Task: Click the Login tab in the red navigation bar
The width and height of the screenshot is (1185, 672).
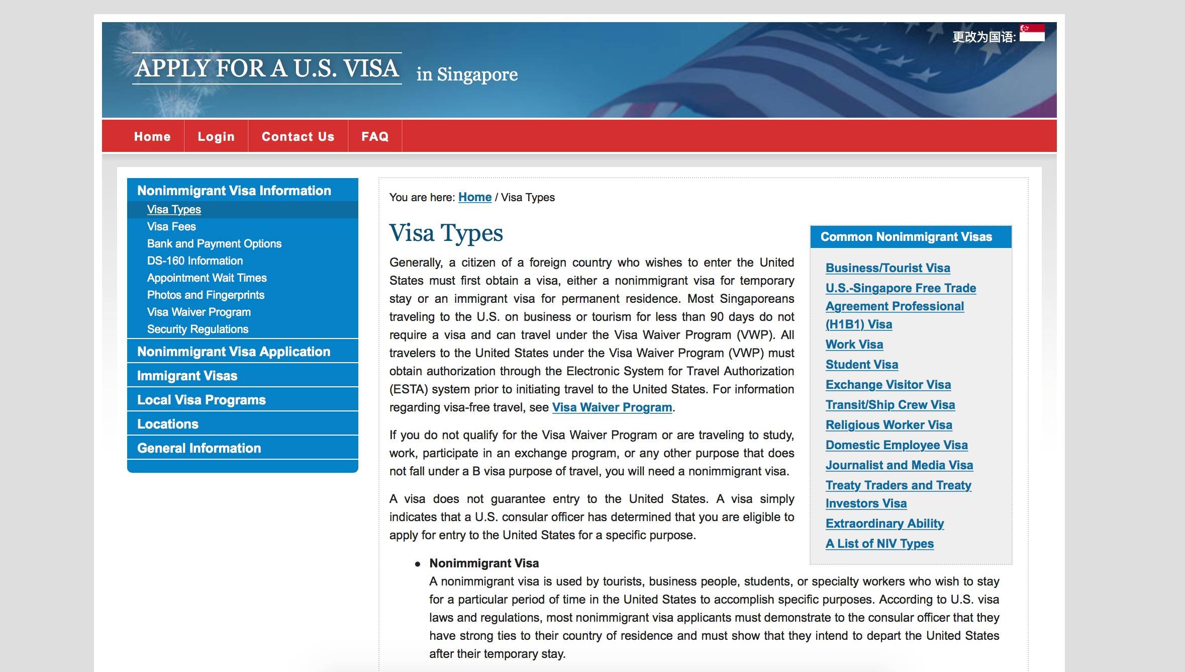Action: (x=216, y=136)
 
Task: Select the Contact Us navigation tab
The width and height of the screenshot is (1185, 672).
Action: (x=298, y=136)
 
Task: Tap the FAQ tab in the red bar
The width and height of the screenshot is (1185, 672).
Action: (x=375, y=136)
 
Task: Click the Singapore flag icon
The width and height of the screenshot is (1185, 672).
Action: (x=1032, y=33)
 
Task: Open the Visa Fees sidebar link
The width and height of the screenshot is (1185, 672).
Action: (x=171, y=226)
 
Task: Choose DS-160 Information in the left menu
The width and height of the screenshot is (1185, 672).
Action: (x=195, y=261)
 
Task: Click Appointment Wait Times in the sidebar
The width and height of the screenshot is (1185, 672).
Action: (x=207, y=278)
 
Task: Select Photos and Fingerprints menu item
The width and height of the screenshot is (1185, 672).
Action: (x=206, y=295)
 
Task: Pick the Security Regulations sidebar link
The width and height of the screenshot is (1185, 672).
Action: (x=197, y=329)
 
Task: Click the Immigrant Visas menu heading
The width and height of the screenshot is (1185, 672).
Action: (x=187, y=376)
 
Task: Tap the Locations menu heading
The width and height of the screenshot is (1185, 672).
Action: (x=168, y=424)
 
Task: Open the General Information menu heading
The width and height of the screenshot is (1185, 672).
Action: (x=199, y=448)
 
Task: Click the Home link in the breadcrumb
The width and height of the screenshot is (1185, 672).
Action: (x=474, y=197)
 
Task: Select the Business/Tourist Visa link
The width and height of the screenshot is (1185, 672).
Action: (x=887, y=268)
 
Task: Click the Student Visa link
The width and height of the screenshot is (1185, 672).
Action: (x=861, y=365)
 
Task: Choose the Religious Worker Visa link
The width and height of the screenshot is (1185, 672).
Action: (x=888, y=425)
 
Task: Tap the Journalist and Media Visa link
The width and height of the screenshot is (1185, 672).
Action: (x=899, y=465)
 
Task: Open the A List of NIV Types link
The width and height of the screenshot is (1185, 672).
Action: (x=879, y=544)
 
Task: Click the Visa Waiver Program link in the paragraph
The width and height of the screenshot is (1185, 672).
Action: (x=612, y=407)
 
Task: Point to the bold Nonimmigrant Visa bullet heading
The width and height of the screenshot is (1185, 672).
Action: (x=484, y=563)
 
